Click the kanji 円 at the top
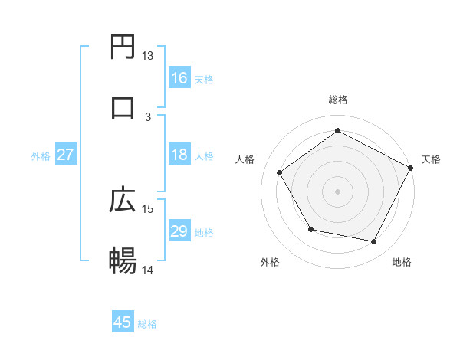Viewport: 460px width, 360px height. (123, 48)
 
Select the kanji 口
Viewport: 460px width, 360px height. (123, 107)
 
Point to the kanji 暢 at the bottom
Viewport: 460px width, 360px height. (123, 260)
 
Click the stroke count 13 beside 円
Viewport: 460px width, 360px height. (148, 56)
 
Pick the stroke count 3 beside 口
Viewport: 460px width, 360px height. (148, 116)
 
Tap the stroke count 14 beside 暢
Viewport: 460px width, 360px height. (148, 270)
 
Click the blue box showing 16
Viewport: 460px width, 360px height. (179, 78)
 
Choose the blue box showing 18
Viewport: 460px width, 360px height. (179, 155)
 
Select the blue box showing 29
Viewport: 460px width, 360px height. (179, 231)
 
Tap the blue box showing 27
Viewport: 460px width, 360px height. (66, 155)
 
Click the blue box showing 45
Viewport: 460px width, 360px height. (123, 322)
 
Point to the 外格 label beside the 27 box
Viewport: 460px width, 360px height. (41, 155)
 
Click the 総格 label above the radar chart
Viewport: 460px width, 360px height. (338, 100)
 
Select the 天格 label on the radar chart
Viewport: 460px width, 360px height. (432, 159)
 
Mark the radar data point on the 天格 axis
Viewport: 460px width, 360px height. (410, 168)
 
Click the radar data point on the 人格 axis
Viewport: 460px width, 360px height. (280, 173)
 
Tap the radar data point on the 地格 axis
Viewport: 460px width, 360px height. (374, 242)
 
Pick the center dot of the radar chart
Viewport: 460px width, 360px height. (338, 191)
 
